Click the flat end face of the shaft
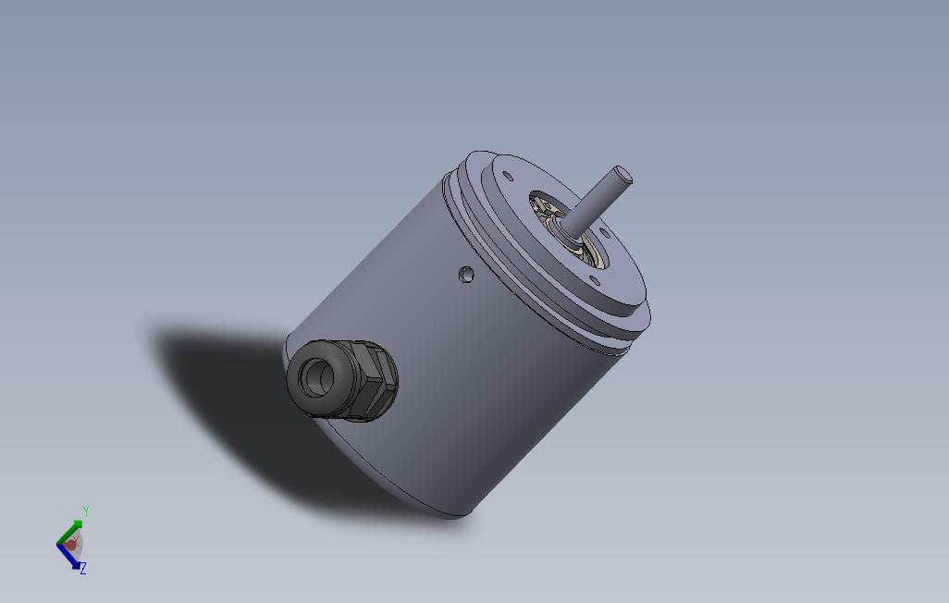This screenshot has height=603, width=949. pos(622,173)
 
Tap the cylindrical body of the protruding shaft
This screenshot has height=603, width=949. pos(597,201)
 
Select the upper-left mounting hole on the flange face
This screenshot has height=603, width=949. pos(507,176)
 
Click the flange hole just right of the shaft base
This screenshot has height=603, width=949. pos(603,233)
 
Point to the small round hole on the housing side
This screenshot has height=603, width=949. pos(466,274)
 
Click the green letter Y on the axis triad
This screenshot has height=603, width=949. pos(85,511)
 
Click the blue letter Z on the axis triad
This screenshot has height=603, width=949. pos(82,569)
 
